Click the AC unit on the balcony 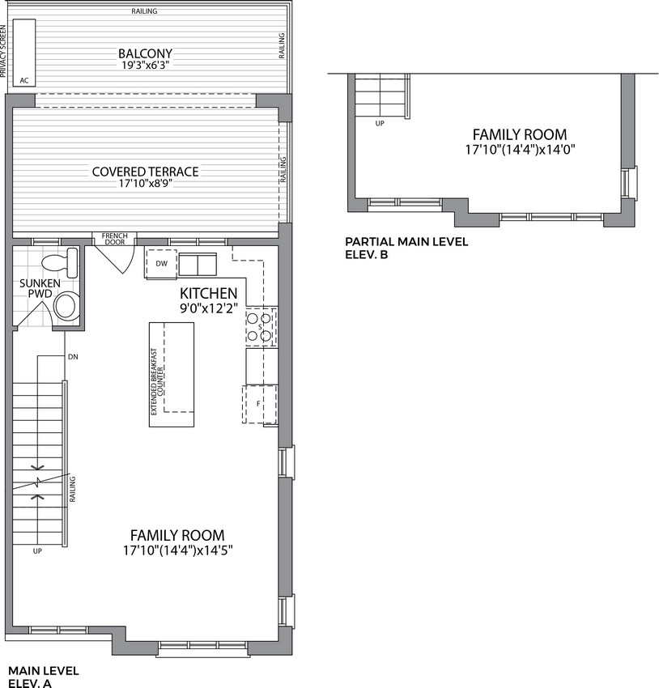24,53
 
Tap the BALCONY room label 145,53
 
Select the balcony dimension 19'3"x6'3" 145,66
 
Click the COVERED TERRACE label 145,172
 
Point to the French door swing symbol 115,259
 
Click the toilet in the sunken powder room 60,262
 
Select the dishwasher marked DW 161,264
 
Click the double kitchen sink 198,265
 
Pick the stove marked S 261,327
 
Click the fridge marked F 259,404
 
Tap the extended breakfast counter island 172,375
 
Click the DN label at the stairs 74,357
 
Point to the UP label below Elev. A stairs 37,550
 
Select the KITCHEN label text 209,293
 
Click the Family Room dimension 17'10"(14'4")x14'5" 177,550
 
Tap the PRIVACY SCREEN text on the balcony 3,51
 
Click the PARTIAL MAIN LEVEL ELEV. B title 406,248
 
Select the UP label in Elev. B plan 380,124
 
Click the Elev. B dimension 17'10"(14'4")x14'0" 520,150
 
